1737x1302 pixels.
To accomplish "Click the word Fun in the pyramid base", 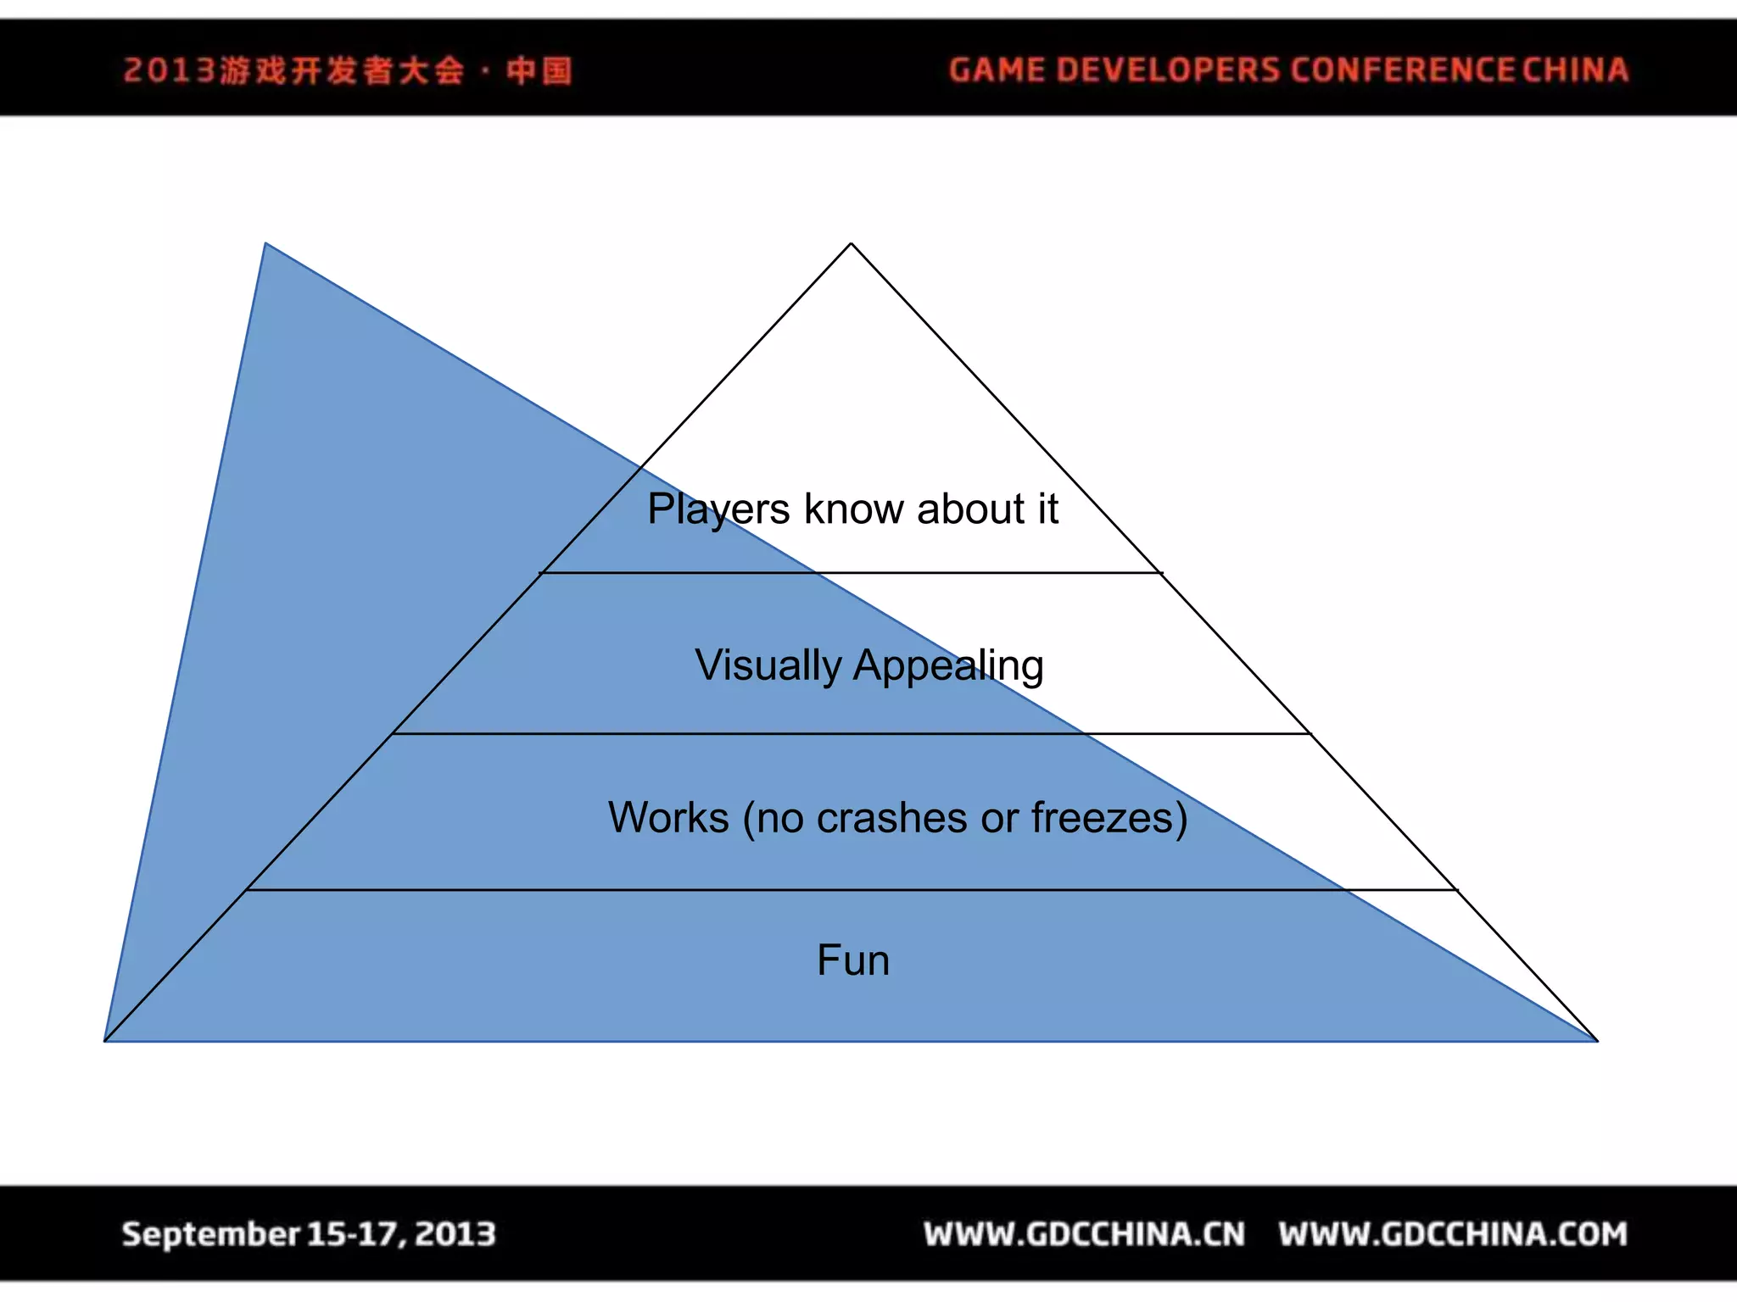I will click(x=853, y=960).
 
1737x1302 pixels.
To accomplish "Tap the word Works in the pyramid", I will click(x=668, y=818).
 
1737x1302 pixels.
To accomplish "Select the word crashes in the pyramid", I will click(x=891, y=818).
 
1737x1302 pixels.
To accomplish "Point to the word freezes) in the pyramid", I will click(x=1109, y=818).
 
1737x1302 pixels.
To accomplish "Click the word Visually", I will click(x=768, y=665).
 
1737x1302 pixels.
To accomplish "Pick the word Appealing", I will click(x=948, y=666).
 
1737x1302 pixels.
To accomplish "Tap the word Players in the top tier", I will click(x=718, y=509).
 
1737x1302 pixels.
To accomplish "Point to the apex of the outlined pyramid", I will click(x=852, y=244).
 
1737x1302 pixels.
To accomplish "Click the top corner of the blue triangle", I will click(x=265, y=244).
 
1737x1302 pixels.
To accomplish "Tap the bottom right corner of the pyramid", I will click(x=1596, y=1040).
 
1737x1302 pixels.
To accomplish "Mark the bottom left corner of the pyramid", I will click(x=105, y=1040).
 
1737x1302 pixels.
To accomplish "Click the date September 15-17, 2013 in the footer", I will click(x=309, y=1234).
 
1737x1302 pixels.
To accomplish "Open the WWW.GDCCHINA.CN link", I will click(x=1085, y=1234).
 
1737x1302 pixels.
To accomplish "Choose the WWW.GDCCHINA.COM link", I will click(x=1453, y=1234).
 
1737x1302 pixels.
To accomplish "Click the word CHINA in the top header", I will click(x=1575, y=70).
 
